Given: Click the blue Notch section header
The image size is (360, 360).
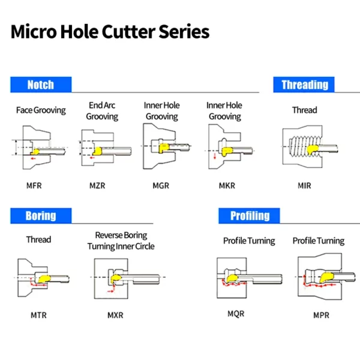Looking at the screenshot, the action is (41, 85).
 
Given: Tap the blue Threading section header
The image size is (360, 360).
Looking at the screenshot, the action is (304, 85).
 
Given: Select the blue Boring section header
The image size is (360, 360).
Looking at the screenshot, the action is (41, 215).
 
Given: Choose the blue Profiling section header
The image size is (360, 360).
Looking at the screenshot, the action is (249, 215).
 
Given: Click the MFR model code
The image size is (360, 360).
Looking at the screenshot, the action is (34, 185).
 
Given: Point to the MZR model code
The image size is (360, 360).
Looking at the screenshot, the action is (97, 185).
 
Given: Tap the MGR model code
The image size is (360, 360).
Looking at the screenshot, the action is (161, 185).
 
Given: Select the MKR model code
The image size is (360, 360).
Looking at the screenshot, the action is (227, 185).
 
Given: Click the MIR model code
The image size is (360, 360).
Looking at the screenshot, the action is (304, 185).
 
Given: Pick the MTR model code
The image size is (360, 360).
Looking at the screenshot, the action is (38, 315).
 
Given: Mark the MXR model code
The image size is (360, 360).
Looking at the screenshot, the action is (115, 315).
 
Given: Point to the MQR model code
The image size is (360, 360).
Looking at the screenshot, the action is (236, 314).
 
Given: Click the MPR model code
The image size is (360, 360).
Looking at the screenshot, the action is (321, 315).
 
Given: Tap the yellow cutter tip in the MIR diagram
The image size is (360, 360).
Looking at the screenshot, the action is (312, 149).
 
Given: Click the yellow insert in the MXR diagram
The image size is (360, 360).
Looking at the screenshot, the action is (115, 279).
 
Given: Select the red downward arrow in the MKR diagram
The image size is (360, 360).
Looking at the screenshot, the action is (215, 156).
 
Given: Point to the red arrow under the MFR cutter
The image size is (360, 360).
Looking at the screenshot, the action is (33, 158).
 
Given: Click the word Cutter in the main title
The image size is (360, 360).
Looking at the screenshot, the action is (128, 31).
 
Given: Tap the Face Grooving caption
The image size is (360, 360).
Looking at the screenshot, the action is (41, 110).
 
